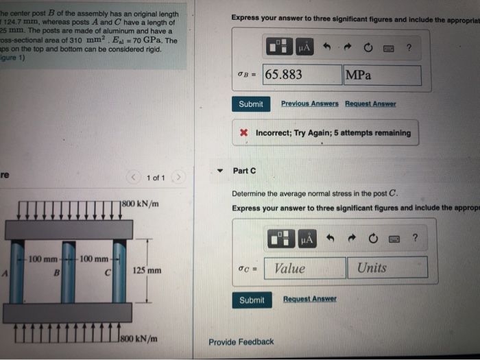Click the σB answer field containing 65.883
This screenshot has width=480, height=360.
302,75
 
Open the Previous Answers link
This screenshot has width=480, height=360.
309,104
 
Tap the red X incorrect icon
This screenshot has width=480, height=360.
244,133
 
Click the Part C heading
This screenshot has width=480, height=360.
244,171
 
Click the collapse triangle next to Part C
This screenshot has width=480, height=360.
219,171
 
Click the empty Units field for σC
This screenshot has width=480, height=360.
387,268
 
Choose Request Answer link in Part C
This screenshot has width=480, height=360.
310,299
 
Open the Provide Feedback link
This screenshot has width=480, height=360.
241,341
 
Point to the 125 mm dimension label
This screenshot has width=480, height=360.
147,271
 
